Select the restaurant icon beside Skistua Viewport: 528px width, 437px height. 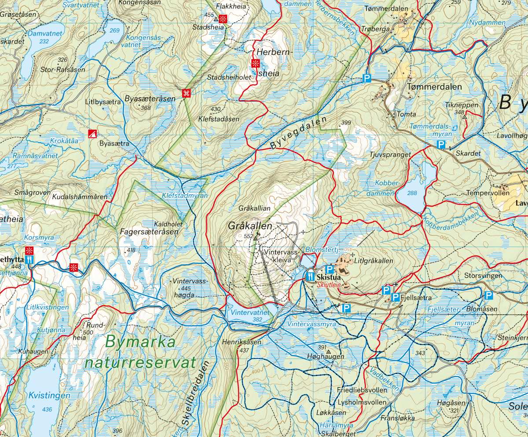[311, 276]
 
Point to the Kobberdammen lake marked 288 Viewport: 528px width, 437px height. [412, 193]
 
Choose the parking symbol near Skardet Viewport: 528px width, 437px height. [440, 145]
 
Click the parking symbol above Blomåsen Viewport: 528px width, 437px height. [488, 295]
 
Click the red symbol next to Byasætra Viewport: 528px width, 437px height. [92, 134]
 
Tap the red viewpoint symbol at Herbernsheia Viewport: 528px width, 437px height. [255, 63]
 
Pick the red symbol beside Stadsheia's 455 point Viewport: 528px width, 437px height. [223, 18]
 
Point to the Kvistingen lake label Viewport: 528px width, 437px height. [48, 396]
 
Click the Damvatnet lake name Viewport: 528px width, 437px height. [46, 33]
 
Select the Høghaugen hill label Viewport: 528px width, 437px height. [326, 357]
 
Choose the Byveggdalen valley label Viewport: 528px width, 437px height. [299, 133]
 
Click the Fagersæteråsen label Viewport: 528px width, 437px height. [149, 232]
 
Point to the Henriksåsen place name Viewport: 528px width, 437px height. [242, 342]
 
